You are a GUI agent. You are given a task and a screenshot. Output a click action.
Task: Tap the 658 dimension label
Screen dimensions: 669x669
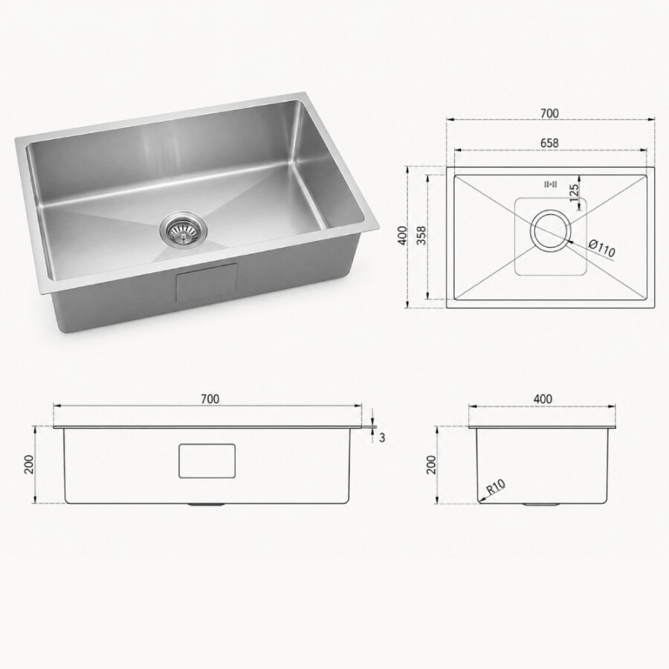549,143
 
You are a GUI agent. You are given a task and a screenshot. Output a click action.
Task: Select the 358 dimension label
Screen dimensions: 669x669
421,236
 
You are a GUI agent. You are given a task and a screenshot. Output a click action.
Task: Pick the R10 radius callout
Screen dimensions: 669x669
496,487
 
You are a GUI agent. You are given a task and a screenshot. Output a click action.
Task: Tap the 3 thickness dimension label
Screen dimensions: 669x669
382,437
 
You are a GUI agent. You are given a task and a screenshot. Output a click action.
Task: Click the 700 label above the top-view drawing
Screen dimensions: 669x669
549,114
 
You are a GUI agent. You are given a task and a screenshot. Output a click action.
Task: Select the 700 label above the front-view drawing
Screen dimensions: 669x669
210,398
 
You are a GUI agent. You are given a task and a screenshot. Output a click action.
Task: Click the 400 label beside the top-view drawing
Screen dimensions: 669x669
401,236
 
